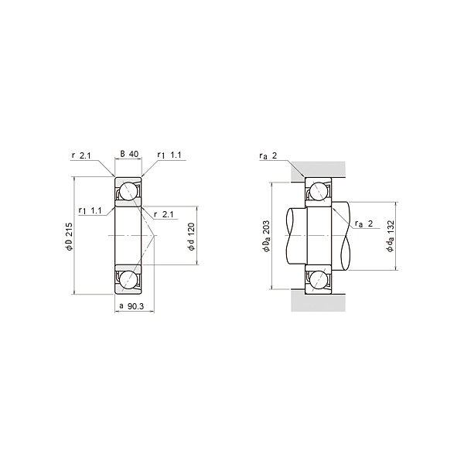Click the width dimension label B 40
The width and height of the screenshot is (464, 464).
129,154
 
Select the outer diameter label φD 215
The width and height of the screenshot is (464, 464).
69,237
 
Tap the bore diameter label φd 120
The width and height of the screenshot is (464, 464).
192,237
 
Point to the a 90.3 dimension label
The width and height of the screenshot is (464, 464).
131,306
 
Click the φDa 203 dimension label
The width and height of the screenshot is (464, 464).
266,236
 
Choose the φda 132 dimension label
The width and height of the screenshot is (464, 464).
391,236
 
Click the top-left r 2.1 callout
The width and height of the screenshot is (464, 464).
81,155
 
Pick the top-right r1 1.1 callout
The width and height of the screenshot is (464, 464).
169,155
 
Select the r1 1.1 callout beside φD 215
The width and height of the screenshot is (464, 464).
90,210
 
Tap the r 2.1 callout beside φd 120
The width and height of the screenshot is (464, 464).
164,214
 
